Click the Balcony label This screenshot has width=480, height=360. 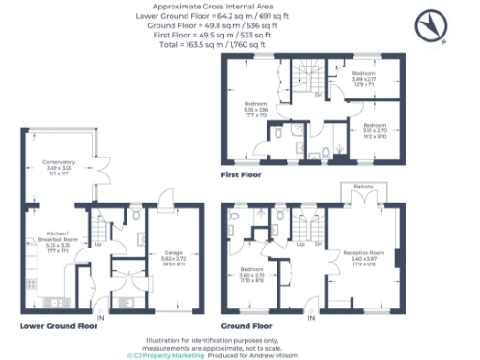[x=363, y=187]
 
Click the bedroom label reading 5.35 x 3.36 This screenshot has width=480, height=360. [x=256, y=108]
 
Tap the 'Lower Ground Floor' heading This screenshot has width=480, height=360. [x=58, y=325]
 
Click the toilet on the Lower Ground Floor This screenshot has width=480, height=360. [x=137, y=214]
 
